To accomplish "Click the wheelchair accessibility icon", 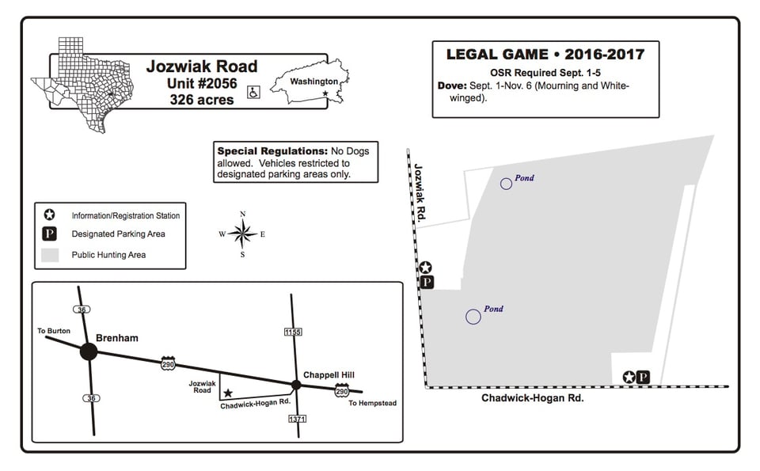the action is pos(253,92).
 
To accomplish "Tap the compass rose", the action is pos(242,234).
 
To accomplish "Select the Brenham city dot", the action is pos(89,351).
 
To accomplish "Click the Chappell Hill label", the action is pos(329,374).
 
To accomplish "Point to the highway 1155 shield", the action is pos(293,332).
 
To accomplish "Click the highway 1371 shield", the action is pos(297,419).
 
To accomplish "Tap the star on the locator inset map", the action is pos(228,393).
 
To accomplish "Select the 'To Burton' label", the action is pos(54,331).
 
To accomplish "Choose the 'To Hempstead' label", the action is pos(372,403).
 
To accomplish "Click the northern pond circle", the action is pos(506,184).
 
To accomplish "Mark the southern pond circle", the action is pos(473,317).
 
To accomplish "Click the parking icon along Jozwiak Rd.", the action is pos(427,282).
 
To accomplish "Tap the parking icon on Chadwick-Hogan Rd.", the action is pos(643,377).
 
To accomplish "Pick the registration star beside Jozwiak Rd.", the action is pos(425,267).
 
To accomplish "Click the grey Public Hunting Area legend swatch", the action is pos(50,255).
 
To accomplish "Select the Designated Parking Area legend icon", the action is pos(49,234).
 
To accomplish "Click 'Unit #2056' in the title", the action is pos(202,83).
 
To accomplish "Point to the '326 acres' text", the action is pos(202,100).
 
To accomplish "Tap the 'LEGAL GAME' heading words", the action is pos(497,55).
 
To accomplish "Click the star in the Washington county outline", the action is pos(325,93).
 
